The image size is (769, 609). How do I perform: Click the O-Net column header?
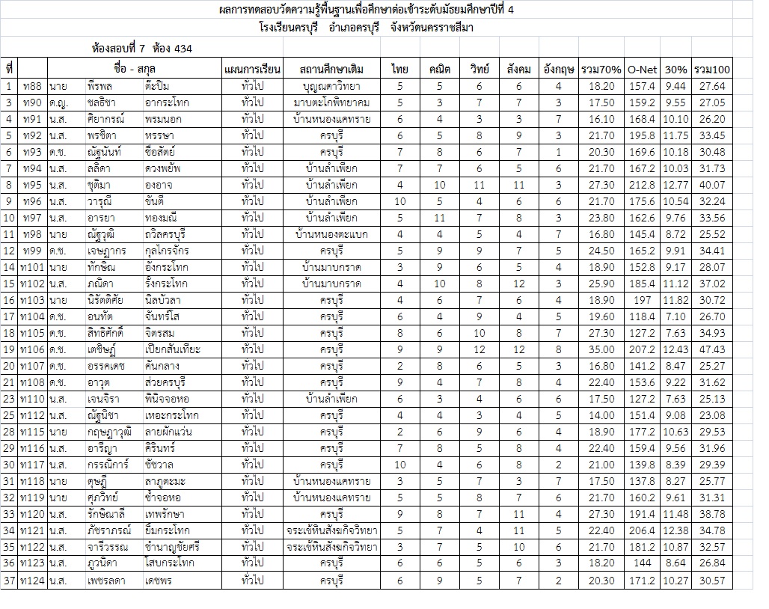coord(642,69)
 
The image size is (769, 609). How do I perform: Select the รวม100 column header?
coord(712,69)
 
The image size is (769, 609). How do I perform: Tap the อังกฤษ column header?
coord(558,69)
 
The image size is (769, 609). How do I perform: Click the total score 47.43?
coord(712,349)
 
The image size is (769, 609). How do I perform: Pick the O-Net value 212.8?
coord(642,185)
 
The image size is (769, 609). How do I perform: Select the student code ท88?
coord(32,86)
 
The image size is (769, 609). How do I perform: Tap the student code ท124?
coord(32,580)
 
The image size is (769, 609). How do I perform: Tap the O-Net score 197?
coord(642,300)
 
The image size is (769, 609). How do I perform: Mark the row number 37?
coord(9,580)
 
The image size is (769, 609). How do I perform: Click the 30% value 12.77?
coord(675,185)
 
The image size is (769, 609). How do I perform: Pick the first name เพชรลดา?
coord(105,580)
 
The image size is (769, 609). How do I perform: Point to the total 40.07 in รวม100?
coord(712,185)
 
